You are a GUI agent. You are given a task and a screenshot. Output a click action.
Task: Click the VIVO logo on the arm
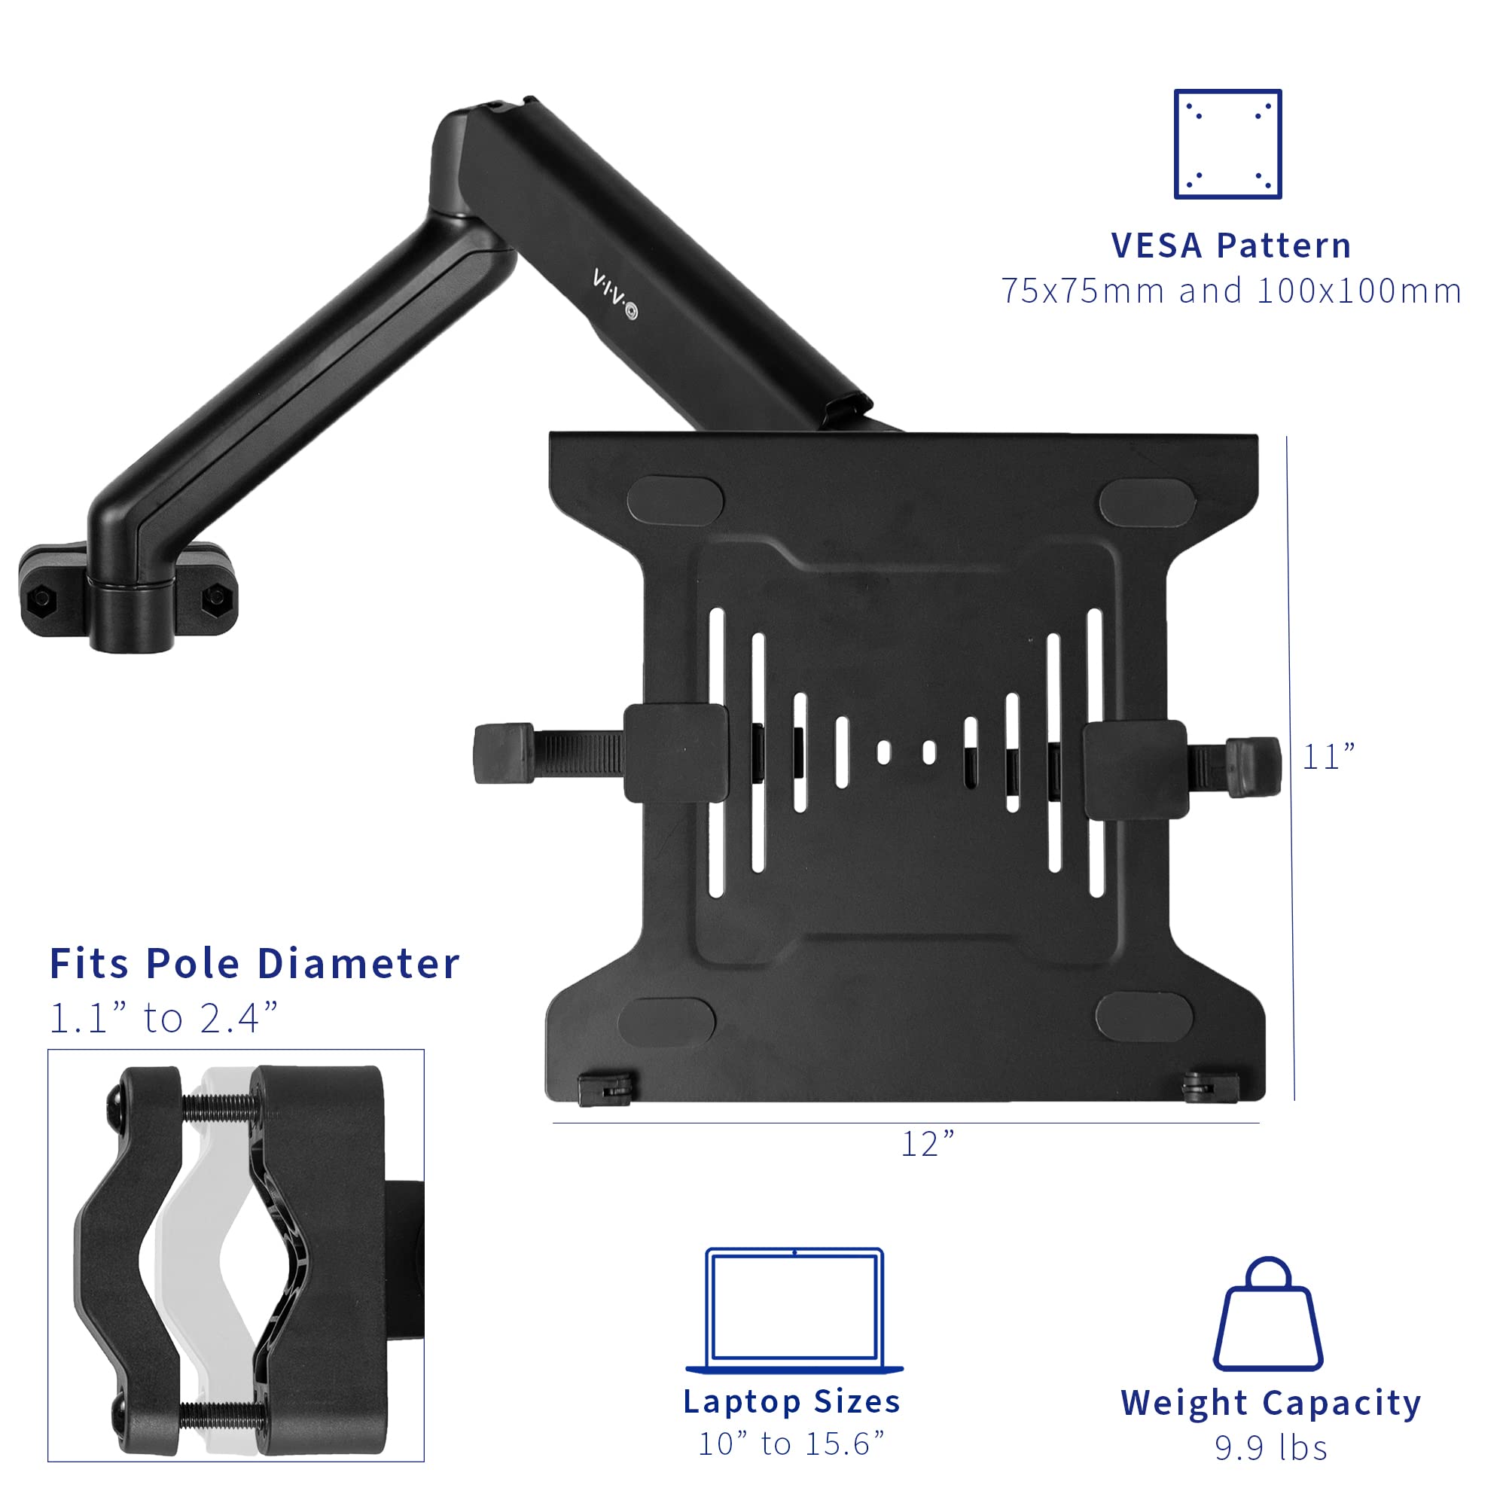[x=614, y=294]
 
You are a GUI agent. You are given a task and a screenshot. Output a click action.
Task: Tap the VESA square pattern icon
[x=1227, y=145]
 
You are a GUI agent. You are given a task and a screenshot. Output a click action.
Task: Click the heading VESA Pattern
[x=1231, y=245]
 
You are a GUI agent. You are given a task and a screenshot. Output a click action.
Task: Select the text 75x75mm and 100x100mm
[x=1231, y=291]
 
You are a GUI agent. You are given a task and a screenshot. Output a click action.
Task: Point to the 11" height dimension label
[x=1329, y=757]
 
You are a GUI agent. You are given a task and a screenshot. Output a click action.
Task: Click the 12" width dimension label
[x=928, y=1145]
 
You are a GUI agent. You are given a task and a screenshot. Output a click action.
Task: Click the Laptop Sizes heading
[x=792, y=1401]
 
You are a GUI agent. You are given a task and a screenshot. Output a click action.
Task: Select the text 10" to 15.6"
[x=792, y=1444]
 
